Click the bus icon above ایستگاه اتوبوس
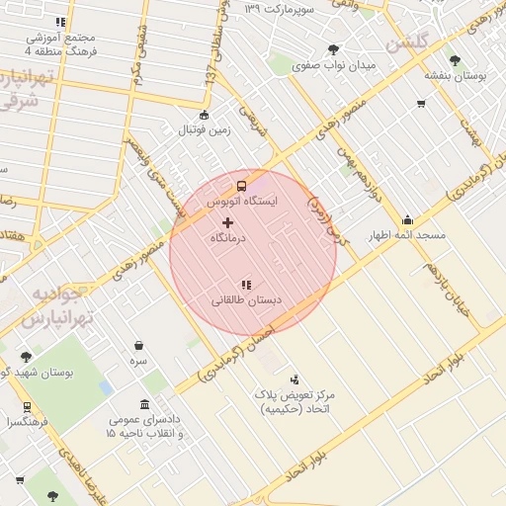pos(241,185)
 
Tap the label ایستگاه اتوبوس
pos(242,201)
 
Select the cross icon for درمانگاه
pos(228,223)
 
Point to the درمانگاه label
pos(229,239)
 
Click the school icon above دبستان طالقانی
pos(246,284)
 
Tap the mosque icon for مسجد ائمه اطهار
pos(407,219)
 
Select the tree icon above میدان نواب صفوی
pos(333,49)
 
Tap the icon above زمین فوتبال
pos(205,114)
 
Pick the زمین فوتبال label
pos(204,130)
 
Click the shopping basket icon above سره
pos(138,346)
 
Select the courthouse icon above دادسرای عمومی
pos(145,404)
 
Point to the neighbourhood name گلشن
pos(408,43)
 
